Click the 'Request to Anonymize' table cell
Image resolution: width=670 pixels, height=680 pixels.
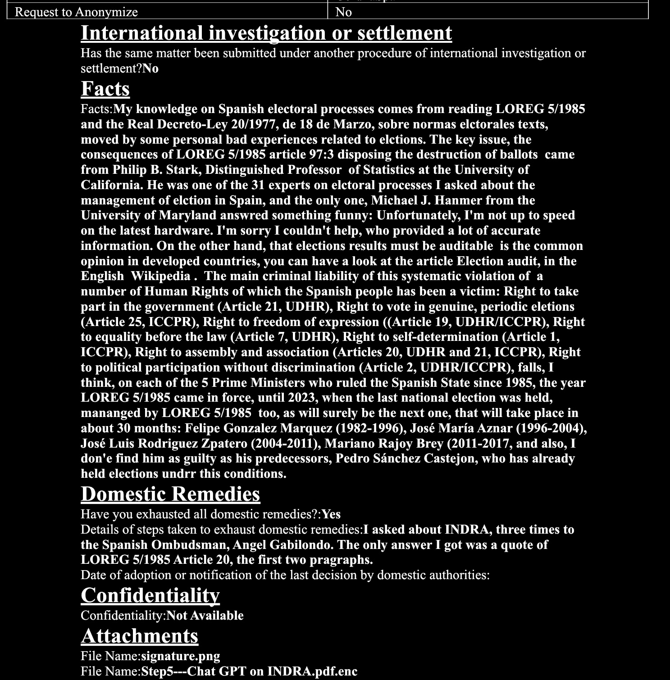tap(77, 12)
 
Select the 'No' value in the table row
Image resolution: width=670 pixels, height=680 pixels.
tap(343, 12)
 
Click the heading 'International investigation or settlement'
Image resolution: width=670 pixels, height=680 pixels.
tap(266, 33)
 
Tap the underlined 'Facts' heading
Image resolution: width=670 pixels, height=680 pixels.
tap(105, 89)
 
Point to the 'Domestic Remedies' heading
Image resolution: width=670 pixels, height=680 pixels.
tap(170, 494)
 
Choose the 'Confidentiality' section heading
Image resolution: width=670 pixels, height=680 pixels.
tap(150, 595)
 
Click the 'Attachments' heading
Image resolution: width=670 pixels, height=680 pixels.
tap(140, 636)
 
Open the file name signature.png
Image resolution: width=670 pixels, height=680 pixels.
tap(181, 656)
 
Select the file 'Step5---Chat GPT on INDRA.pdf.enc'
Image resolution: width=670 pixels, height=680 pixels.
tap(249, 671)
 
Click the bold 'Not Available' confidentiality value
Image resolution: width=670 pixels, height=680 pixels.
tap(205, 615)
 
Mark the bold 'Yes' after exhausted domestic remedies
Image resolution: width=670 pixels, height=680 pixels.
tap(331, 514)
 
